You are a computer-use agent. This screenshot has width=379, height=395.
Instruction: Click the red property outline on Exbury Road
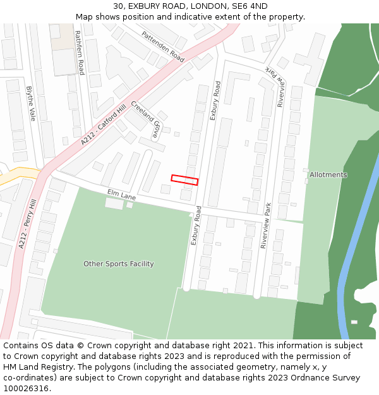184,180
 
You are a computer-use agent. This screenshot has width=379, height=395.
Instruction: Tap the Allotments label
328,174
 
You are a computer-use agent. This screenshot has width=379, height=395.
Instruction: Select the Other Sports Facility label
118,264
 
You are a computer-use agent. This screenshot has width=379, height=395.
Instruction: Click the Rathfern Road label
78,48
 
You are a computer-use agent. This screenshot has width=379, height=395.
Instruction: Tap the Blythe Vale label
30,104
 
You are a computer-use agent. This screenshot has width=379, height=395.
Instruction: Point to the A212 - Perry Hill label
27,224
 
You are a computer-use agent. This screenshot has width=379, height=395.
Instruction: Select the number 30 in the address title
118,6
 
